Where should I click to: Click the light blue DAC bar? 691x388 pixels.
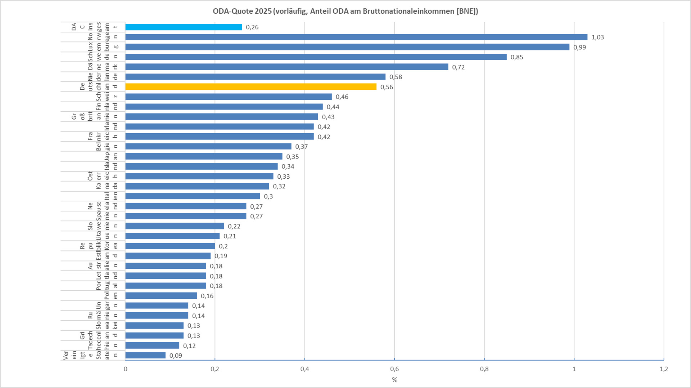tap(184, 27)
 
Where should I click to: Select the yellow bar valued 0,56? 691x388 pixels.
tap(251, 87)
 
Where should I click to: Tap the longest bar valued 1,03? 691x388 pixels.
tap(356, 37)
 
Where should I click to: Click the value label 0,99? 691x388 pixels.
tap(579, 47)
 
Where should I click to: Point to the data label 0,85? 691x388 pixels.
tap(517, 57)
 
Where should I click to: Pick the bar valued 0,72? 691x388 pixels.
tap(287, 67)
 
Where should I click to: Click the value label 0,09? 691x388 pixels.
tap(176, 356)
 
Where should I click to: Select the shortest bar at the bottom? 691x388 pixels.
tap(145, 356)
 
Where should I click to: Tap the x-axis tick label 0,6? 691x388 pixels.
tap(394, 369)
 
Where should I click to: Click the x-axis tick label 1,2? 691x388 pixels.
tap(664, 369)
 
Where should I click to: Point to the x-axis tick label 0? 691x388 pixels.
tap(125, 369)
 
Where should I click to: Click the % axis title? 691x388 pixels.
tap(394, 380)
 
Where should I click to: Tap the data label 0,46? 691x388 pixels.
tap(342, 97)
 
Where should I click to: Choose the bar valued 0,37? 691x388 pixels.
tap(208, 147)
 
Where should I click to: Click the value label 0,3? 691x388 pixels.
tap(268, 196)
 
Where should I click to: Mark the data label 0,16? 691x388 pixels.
tap(207, 296)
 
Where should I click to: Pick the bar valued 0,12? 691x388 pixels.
tap(152, 345)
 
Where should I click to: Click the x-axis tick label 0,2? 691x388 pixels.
tap(215, 369)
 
